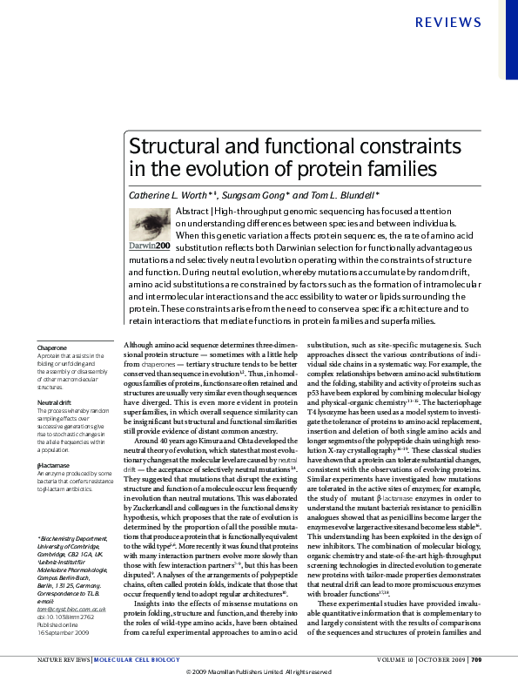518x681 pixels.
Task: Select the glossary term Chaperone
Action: tap(52, 348)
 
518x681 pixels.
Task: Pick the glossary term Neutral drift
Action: tap(55, 403)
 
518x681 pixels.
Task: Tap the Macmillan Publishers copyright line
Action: tap(259, 672)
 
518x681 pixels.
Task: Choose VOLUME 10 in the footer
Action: tap(392, 660)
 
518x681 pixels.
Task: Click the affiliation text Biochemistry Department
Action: tap(72, 515)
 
